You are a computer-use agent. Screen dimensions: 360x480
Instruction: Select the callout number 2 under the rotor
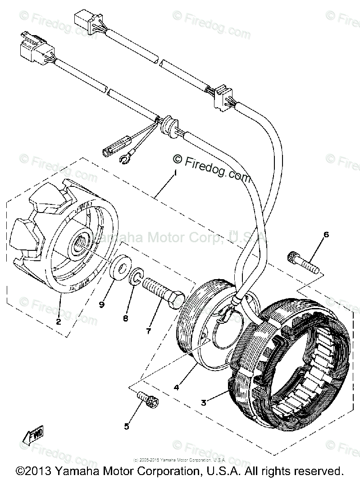[x=58, y=322]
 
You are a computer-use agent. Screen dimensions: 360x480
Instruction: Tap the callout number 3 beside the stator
[x=204, y=403]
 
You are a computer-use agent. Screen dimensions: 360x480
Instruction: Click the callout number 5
[x=127, y=426]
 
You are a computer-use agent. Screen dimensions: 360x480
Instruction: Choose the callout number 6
[x=326, y=235]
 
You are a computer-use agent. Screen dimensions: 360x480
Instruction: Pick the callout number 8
[x=125, y=318]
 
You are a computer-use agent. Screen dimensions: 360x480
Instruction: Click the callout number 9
[x=102, y=305]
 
